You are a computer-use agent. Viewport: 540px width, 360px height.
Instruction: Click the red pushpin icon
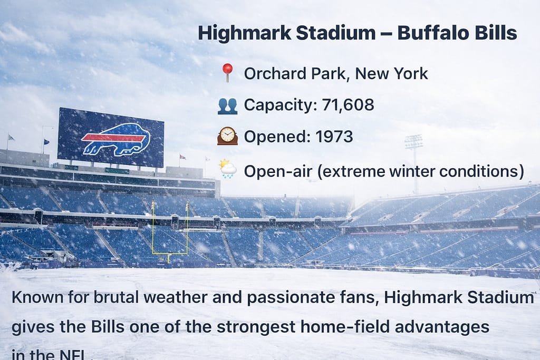[227, 72]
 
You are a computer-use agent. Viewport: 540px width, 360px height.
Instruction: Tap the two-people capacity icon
[227, 105]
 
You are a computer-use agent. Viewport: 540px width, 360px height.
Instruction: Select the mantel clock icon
[227, 137]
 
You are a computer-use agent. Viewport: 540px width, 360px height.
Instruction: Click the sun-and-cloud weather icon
[228, 169]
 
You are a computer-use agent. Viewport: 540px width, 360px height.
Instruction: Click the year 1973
[334, 137]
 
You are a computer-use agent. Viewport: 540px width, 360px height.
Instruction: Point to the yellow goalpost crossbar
[170, 253]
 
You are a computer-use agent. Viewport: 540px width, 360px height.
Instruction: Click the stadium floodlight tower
[414, 143]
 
